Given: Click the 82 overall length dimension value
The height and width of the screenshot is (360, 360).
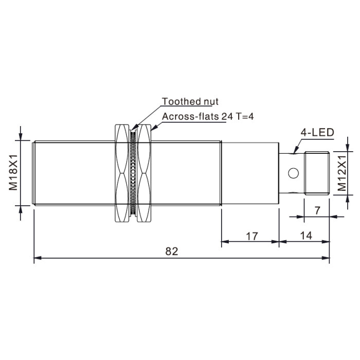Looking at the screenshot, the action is tap(172, 251).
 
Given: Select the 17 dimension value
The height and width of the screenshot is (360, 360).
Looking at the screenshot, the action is tap(252, 236).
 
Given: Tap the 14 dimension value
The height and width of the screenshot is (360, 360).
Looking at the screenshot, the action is tap(307, 236).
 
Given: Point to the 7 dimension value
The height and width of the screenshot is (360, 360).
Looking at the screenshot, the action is tap(317, 210).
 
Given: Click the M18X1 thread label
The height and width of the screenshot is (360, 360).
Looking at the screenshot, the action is tap(13, 172).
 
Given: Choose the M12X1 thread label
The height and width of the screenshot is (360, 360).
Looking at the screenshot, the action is tap(342, 173).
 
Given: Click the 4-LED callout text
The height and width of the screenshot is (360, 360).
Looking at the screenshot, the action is tap(317, 133).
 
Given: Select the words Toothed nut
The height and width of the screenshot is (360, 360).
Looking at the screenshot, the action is tap(190, 101).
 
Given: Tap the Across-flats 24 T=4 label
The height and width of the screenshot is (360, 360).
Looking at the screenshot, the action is tap(208, 117).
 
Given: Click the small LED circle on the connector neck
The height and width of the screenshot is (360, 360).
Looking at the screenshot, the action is tap(294, 173).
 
